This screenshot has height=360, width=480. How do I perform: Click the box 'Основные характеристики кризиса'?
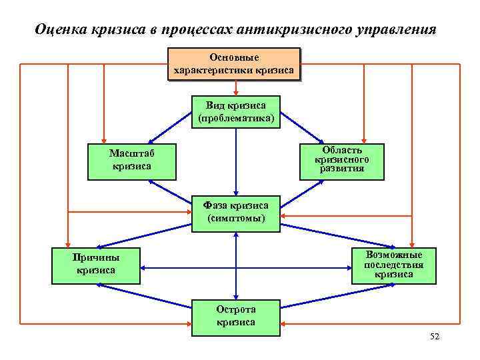233,64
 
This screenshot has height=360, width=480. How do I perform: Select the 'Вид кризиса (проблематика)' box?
236,112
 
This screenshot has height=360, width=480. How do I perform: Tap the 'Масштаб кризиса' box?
132,161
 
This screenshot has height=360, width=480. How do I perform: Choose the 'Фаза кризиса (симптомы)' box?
236,213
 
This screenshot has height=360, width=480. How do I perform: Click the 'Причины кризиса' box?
97,264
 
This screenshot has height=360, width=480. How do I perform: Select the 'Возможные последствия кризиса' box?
393,265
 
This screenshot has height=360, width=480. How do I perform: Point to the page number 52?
435,337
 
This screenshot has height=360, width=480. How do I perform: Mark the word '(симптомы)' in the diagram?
236,219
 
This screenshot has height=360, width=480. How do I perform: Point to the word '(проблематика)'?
236,118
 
